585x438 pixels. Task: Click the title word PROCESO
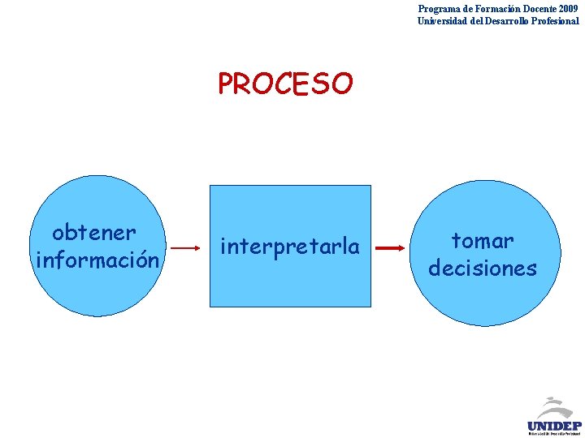285,84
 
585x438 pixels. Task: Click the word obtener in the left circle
93,233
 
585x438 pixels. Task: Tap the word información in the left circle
97,260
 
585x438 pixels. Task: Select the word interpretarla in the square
290,246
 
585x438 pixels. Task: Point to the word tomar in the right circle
483,241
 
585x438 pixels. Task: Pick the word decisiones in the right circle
483,268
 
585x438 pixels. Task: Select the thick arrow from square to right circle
392,248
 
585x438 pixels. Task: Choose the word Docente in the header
532,9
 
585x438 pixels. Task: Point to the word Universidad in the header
444,21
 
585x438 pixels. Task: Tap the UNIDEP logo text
554,425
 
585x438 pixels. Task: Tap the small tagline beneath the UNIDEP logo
554,434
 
